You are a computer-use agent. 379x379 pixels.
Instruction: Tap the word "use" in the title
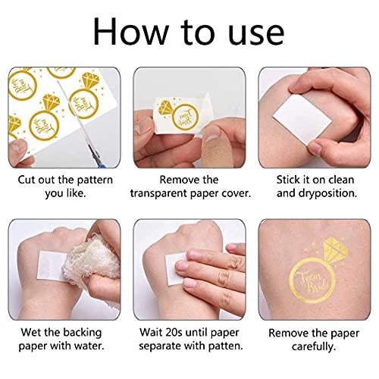pos(256,35)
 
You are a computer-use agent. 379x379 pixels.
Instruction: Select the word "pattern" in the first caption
pos(95,180)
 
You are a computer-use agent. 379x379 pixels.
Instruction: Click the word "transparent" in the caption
pos(158,194)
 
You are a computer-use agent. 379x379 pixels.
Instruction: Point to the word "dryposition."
pos(327,193)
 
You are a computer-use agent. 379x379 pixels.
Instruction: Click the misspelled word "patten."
pos(225,346)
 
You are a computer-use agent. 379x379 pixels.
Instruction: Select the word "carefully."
pos(314,346)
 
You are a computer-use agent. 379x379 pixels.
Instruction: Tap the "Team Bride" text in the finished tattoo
pos(313,283)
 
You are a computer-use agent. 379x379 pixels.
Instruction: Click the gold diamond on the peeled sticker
pos(166,108)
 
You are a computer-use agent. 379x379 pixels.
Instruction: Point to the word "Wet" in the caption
pos(31,332)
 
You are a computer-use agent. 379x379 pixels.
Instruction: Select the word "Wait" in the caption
pos(151,332)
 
